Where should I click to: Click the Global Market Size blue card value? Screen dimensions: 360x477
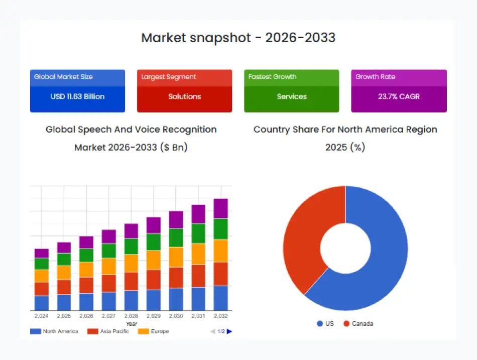click(77, 96)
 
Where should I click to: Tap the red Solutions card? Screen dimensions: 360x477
click(184, 96)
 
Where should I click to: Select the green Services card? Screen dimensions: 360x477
click(291, 96)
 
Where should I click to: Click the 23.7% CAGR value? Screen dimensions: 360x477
click(399, 96)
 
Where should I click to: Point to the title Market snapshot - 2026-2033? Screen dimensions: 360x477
click(238, 38)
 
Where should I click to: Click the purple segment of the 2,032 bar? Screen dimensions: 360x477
click(220, 208)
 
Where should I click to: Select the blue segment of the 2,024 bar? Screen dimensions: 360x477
click(42, 303)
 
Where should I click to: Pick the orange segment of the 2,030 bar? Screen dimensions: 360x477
click(176, 257)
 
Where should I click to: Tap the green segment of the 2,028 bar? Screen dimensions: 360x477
click(131, 247)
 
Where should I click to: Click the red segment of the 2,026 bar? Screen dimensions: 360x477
click(86, 285)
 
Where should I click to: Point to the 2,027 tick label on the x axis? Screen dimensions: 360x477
click(109, 316)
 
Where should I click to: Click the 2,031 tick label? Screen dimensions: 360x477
click(198, 316)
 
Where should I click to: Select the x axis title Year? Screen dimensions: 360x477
click(131, 324)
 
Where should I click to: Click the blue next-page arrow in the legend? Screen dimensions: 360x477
click(229, 331)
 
